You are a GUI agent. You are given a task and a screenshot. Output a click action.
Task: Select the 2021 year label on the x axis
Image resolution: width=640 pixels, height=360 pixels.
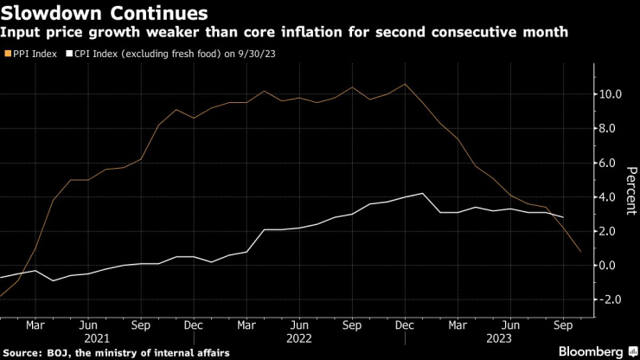click(87, 340)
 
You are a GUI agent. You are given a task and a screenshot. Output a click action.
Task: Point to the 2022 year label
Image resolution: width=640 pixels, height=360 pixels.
click(298, 340)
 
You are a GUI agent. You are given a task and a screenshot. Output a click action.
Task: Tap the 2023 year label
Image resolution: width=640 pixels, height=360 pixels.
click(510, 340)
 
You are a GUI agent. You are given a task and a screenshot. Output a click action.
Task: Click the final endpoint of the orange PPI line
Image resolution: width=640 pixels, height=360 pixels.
click(580, 252)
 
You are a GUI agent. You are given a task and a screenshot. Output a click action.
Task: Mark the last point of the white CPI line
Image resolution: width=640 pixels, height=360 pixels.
click(563, 217)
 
